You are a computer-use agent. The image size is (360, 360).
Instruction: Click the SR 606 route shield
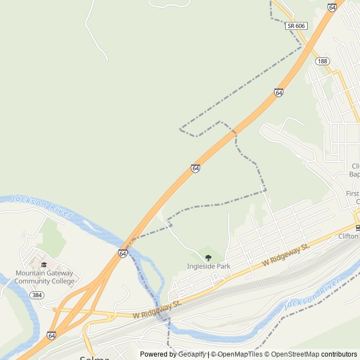point(296,26)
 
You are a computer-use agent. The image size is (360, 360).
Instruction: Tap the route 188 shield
point(322,61)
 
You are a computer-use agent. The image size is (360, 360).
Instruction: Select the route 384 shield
point(37,295)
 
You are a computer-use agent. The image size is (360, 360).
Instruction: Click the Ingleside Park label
point(209,266)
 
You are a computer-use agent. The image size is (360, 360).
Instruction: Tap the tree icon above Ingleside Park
point(209,258)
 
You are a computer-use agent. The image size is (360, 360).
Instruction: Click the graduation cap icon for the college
point(44,265)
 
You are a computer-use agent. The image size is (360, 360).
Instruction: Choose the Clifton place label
point(348,236)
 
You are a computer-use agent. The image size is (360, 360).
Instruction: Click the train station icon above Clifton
point(358,227)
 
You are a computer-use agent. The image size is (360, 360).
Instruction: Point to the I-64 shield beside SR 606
point(332,7)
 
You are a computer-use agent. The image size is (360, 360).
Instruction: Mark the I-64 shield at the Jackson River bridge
point(123,254)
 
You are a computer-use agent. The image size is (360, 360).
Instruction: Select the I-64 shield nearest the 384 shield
point(52,336)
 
